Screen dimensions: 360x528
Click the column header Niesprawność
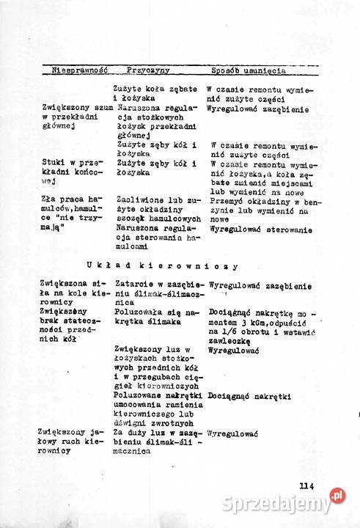[x=80, y=70]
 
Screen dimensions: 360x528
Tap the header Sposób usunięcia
[x=249, y=70]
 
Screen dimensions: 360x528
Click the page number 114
[x=306, y=484]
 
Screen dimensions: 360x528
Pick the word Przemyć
[x=225, y=199]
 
